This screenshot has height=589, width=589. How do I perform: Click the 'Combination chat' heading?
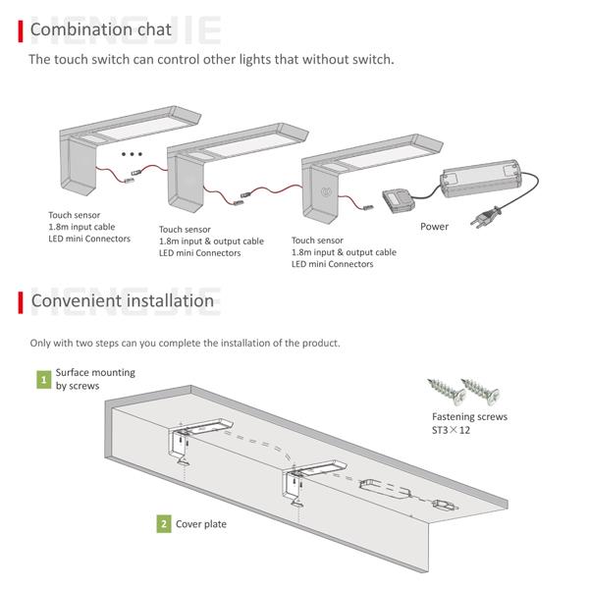point(101,29)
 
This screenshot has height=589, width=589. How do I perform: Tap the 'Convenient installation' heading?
point(123,301)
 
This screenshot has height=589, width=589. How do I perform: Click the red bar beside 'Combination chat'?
point(21,31)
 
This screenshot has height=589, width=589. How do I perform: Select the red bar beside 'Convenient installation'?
point(21,302)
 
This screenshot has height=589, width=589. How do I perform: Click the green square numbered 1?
point(44,379)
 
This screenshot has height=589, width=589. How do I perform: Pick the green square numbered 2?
point(164,523)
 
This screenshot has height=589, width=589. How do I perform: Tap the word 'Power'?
point(434,227)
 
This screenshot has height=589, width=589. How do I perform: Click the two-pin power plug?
point(486,218)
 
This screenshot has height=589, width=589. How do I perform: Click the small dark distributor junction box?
point(399,200)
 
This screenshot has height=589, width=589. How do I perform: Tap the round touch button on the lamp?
point(325,192)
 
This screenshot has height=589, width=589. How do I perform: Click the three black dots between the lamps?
point(132,154)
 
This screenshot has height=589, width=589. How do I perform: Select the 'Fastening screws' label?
point(469,416)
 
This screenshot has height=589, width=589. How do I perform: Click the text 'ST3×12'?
point(451,430)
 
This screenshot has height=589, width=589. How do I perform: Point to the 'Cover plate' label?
point(201,524)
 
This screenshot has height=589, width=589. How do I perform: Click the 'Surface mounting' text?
point(95,373)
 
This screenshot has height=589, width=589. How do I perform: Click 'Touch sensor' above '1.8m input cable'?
point(74,215)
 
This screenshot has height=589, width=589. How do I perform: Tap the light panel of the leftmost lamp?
point(135,128)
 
